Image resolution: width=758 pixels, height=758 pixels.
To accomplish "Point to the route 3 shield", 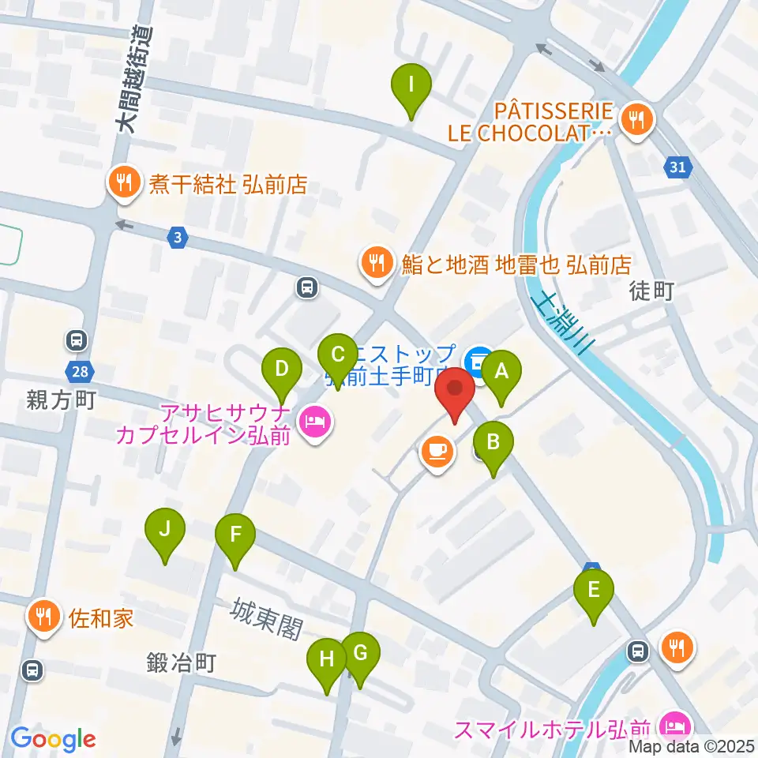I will coord(178,236).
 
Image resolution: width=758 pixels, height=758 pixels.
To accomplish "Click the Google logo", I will coord(53,739).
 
